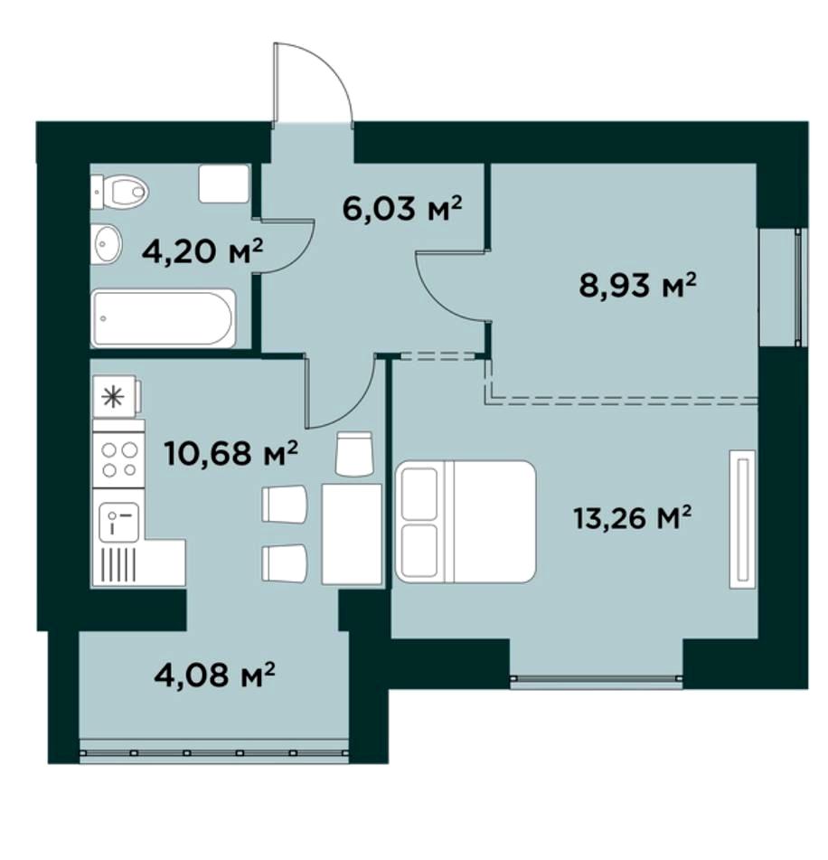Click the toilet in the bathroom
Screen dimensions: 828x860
click(119, 192)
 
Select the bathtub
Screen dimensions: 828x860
click(164, 318)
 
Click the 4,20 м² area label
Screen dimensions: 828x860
click(202, 251)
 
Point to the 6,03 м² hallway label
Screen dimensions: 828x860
click(402, 208)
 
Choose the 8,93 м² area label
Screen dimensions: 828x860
click(638, 285)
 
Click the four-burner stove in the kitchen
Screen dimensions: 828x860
click(119, 459)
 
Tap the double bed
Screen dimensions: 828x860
click(465, 521)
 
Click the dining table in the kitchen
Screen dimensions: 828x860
click(352, 534)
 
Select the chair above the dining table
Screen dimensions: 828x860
click(354, 454)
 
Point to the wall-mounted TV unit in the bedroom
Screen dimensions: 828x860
click(742, 519)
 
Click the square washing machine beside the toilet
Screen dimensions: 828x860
click(224, 184)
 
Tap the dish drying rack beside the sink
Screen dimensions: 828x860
click(119, 564)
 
